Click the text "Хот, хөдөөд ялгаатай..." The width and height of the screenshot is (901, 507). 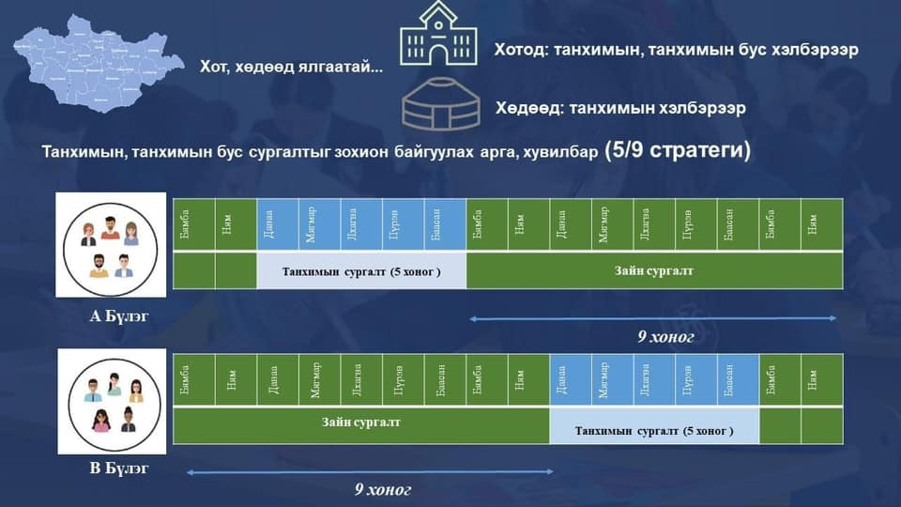(x=291, y=68)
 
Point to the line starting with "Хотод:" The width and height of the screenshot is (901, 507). (x=676, y=49)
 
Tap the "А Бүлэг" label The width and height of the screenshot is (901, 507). (x=119, y=316)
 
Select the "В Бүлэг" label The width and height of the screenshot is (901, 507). (x=119, y=467)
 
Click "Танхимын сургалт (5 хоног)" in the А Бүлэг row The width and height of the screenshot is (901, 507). (x=361, y=271)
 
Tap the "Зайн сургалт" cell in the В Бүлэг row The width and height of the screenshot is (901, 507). (x=361, y=422)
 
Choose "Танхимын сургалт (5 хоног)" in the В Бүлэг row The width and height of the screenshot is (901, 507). (x=654, y=431)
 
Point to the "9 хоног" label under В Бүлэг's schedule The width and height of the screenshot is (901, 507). (x=383, y=489)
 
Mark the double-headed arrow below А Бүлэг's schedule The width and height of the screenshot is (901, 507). (x=653, y=319)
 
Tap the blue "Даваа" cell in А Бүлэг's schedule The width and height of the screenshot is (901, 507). (x=278, y=224)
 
